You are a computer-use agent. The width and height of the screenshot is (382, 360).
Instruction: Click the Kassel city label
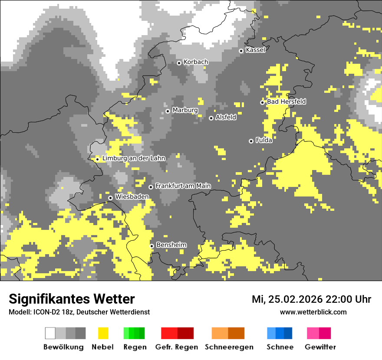click(x=255, y=50)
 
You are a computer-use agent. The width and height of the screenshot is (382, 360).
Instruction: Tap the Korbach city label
click(x=196, y=62)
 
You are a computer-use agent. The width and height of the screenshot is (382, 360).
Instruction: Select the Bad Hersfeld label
click(x=286, y=101)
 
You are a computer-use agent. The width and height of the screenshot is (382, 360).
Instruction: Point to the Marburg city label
click(x=185, y=110)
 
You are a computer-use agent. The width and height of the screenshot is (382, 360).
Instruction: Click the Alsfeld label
click(x=226, y=117)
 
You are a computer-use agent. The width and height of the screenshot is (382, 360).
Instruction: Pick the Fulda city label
click(x=264, y=140)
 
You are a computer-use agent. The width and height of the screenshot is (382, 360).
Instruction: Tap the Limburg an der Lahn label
click(x=134, y=158)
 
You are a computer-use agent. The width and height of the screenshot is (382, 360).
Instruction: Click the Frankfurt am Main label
click(x=183, y=186)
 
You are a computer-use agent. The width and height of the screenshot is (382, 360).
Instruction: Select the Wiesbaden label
click(x=132, y=196)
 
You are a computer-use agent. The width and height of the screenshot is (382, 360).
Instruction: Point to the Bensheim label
click(x=171, y=245)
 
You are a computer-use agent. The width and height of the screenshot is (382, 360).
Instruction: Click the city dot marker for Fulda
click(x=251, y=141)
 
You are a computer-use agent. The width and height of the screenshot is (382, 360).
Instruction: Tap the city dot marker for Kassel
click(x=241, y=51)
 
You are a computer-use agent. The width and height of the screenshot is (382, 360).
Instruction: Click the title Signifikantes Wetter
click(x=72, y=299)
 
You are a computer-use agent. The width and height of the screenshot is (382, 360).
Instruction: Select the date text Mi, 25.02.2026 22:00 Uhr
click(x=311, y=299)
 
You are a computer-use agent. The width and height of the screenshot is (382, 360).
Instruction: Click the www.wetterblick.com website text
click(x=313, y=312)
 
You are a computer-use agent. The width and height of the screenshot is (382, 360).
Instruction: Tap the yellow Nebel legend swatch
click(x=103, y=333)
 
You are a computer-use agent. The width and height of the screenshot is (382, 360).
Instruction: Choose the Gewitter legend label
click(x=320, y=347)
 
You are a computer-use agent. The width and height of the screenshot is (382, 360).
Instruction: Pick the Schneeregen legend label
click(x=229, y=347)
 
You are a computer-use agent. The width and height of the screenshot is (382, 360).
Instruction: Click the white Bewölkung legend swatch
click(x=50, y=333)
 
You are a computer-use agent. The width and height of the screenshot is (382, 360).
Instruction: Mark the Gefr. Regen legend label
click(x=177, y=347)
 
